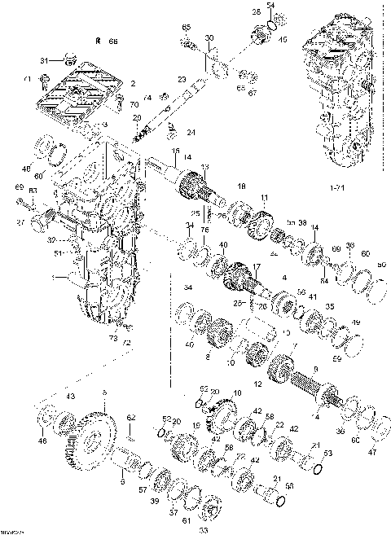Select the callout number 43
coord(71,397)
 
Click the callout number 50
coord(382,263)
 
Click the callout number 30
coord(209,39)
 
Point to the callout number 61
coord(186,520)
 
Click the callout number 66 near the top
coord(112,40)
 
